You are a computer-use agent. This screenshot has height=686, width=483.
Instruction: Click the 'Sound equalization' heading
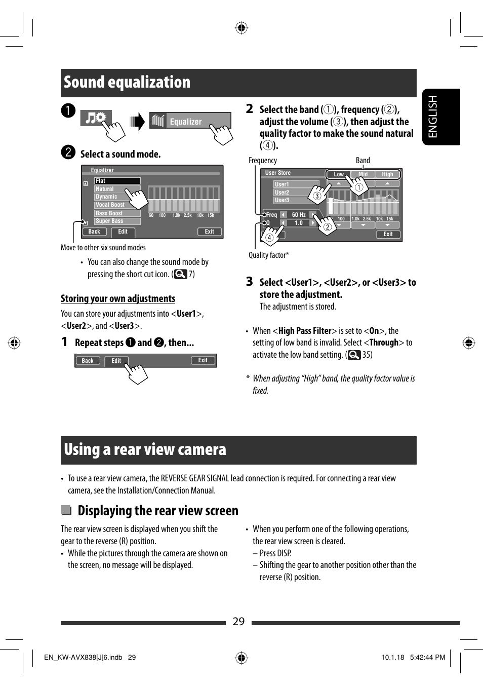point(127,83)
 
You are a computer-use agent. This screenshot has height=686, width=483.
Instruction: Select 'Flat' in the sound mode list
point(117,181)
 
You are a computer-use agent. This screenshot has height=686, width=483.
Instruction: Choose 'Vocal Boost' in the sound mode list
point(110,205)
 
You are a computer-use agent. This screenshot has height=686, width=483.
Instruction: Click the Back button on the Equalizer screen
point(94,232)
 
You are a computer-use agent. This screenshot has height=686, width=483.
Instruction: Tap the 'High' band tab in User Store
point(387,174)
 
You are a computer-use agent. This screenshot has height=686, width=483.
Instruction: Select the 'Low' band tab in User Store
point(338,174)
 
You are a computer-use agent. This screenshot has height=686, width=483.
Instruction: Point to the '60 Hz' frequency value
point(299,215)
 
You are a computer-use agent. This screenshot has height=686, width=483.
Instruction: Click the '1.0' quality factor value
point(299,223)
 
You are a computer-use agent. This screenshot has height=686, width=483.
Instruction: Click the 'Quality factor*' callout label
point(268,255)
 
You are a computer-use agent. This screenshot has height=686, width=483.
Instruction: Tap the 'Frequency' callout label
point(262,161)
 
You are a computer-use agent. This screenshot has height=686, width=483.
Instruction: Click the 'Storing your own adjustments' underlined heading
point(118,299)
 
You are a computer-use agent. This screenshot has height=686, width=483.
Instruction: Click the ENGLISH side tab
point(440,117)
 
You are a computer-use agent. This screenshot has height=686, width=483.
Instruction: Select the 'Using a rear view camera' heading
point(145,450)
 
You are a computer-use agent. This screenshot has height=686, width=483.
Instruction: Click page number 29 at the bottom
point(238,622)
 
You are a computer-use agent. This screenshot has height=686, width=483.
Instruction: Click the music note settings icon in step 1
point(95,119)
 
